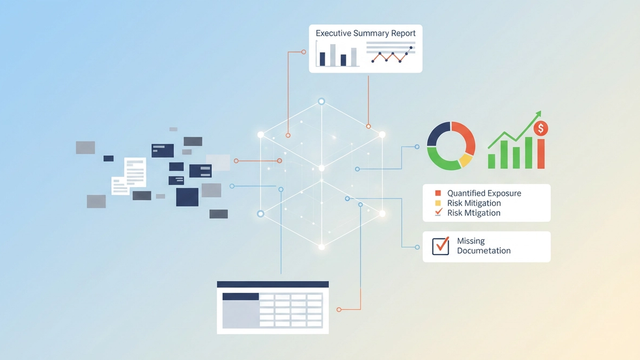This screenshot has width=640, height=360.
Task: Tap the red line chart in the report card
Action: click(391, 57)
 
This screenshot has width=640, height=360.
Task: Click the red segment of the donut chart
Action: click(462, 135)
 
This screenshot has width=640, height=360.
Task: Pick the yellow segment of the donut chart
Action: click(465, 158)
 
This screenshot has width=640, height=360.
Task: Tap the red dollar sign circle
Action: click(540, 128)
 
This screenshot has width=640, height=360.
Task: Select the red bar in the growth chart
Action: click(541, 153)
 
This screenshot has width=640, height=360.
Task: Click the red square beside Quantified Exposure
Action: click(437, 192)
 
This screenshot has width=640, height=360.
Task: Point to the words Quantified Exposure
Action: click(484, 192)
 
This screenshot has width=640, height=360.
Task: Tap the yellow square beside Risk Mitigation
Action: click(437, 203)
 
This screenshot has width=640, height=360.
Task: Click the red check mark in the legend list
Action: click(437, 213)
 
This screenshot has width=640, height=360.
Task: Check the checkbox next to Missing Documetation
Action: click(438, 246)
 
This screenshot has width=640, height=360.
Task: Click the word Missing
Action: click(470, 241)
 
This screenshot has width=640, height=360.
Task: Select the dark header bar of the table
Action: click(273, 284)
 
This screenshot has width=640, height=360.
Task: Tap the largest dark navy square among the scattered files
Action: click(187, 196)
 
